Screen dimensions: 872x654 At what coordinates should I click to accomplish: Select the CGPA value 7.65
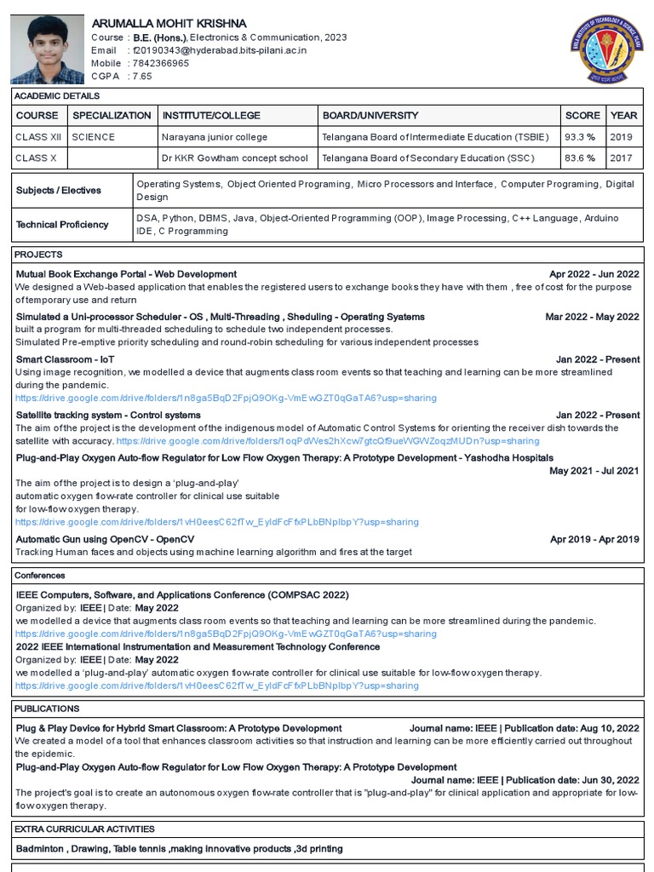[x=142, y=76]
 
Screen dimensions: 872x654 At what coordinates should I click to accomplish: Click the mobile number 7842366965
[x=160, y=63]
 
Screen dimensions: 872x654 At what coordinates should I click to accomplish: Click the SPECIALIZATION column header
[x=112, y=116]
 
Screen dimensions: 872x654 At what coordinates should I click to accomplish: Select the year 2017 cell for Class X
[x=622, y=158]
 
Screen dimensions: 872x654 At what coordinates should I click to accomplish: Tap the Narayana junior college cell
[x=215, y=137]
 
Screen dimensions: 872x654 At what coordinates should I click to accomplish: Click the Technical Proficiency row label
[x=62, y=225]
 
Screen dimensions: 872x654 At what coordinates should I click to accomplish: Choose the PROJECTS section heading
[x=39, y=255]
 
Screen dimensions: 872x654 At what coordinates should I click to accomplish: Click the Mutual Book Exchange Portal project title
[x=126, y=274]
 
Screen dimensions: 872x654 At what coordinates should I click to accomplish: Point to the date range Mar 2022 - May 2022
[x=592, y=317]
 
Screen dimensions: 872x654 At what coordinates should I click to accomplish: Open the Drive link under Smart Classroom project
[x=226, y=398]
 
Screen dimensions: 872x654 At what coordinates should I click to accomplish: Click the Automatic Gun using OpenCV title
[x=105, y=539]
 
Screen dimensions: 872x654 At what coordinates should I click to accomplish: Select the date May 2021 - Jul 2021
[x=594, y=470]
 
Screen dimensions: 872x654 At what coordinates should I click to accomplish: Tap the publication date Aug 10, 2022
[x=609, y=728]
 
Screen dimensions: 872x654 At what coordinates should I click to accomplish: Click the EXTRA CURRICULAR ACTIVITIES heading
[x=84, y=829]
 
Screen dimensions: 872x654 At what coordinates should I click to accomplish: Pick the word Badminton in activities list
[x=39, y=849]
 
